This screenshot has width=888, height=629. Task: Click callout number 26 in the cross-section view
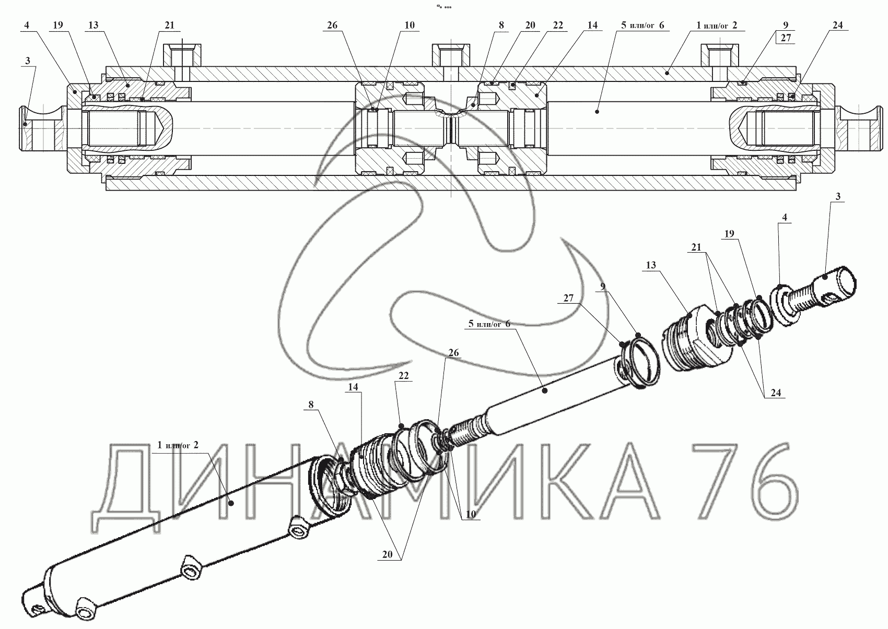click(x=333, y=25)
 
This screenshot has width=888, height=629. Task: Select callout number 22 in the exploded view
click(x=404, y=376)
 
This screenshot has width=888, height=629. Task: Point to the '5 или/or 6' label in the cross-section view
click(x=640, y=25)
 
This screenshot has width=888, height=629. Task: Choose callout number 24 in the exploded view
click(x=776, y=393)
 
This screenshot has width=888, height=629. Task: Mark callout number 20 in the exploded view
click(x=387, y=555)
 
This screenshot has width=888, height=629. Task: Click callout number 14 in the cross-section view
click(x=592, y=25)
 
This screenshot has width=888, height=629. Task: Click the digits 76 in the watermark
click(x=749, y=483)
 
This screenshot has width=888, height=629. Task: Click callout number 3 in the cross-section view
click(x=28, y=61)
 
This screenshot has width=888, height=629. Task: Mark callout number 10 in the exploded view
click(x=471, y=514)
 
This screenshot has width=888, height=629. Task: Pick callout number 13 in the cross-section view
click(x=94, y=25)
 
